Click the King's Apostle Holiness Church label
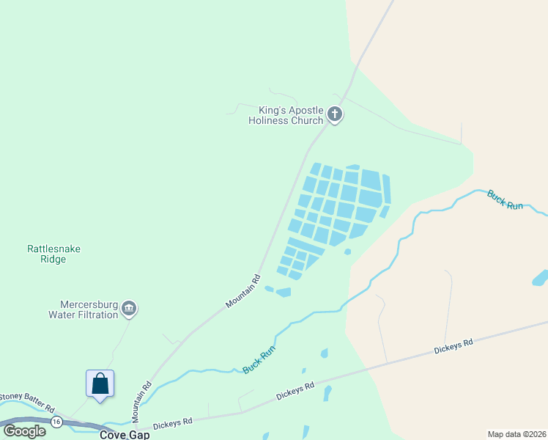[x=286, y=115]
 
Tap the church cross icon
[x=335, y=114]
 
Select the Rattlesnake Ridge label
[x=54, y=254]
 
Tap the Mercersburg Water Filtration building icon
[x=129, y=308]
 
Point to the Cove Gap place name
[x=125, y=435]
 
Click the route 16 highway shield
[x=56, y=422]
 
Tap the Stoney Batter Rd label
[x=27, y=401]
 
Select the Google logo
[x=24, y=430]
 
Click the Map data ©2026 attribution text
[x=516, y=433]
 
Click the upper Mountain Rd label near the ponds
[x=244, y=291]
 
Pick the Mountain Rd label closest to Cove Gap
[x=141, y=401]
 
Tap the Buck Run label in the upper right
[x=506, y=199]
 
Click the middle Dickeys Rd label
[x=295, y=389]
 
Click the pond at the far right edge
[x=541, y=278]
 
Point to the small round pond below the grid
[x=347, y=252]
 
